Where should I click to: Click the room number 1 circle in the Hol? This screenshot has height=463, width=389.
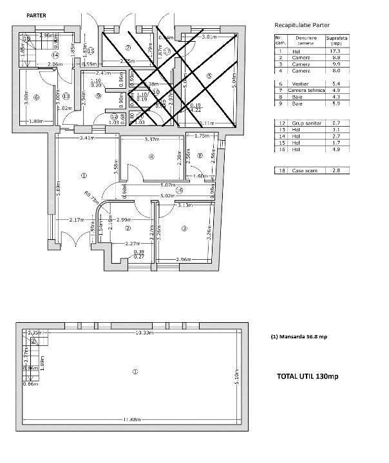point(83,175)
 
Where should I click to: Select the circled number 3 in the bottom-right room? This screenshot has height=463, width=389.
point(185,228)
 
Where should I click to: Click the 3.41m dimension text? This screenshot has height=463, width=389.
point(88,138)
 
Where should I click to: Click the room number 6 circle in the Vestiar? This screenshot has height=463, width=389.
point(36,97)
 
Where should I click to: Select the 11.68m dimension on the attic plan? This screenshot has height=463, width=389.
point(132,420)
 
